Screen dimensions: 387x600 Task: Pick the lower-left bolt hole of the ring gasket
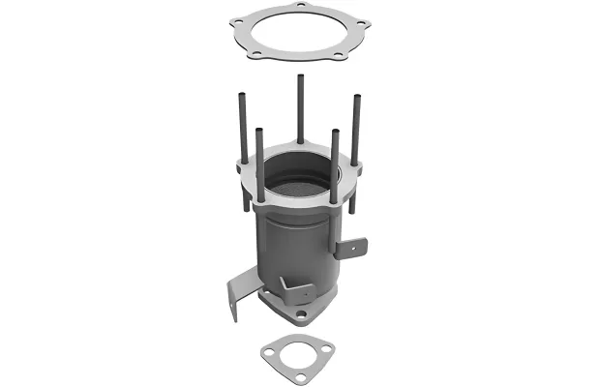(258, 56)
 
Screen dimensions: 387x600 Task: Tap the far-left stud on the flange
(238, 126)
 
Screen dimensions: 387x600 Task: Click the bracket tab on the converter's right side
(351, 247)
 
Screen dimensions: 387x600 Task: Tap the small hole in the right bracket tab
(353, 247)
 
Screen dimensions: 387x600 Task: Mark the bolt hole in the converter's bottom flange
(301, 314)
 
